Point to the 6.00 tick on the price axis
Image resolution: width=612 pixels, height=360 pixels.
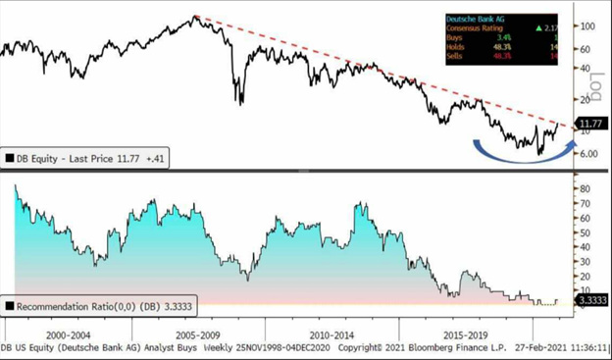tap(587, 153)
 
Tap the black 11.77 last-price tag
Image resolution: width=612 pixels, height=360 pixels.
tap(589, 125)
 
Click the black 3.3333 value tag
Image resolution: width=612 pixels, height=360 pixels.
tap(591, 301)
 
